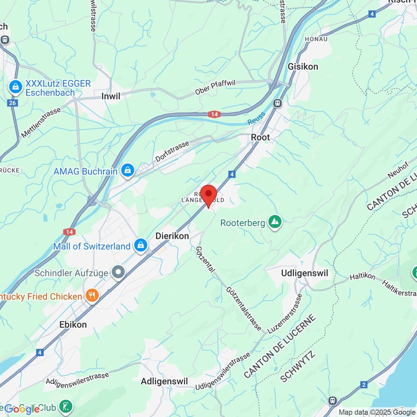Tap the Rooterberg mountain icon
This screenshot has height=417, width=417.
(275, 222)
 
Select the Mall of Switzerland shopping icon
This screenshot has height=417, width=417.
(141, 245)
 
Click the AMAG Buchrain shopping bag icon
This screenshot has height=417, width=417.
(128, 171)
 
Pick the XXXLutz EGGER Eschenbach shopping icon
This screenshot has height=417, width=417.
(16, 87)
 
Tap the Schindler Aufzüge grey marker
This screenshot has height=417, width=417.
(119, 273)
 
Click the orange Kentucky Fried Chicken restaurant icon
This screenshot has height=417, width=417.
(92, 296)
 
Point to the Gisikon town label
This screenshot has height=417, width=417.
(303, 66)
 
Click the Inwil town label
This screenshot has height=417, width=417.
(111, 96)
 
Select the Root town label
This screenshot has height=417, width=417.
(261, 137)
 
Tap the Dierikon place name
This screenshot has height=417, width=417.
(172, 236)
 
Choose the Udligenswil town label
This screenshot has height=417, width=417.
(305, 273)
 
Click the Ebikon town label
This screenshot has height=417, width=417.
(73, 324)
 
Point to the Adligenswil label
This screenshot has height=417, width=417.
(164, 381)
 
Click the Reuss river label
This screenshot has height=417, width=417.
(257, 118)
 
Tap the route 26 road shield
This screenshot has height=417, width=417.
(13, 103)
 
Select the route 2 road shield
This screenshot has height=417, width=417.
(364, 385)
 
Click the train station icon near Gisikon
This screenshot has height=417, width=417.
(277, 103)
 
